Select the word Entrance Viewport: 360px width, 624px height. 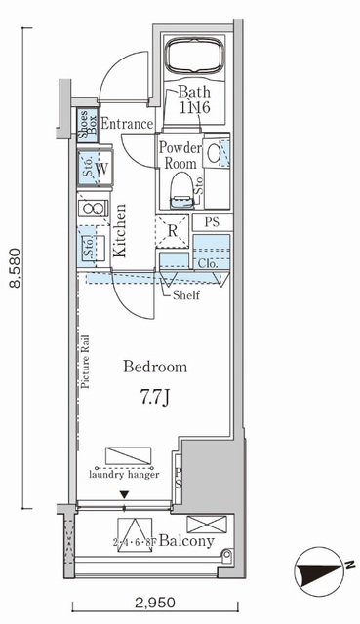(x=127, y=124)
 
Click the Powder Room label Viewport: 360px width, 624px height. (x=180, y=155)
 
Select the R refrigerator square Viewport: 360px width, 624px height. (x=172, y=231)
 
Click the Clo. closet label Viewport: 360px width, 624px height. (x=207, y=262)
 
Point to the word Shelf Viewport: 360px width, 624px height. (x=185, y=295)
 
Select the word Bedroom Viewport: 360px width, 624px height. (x=154, y=368)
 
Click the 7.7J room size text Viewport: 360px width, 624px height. (x=154, y=398)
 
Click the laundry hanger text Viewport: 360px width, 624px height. (x=125, y=475)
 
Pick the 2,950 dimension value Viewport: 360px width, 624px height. (x=152, y=604)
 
